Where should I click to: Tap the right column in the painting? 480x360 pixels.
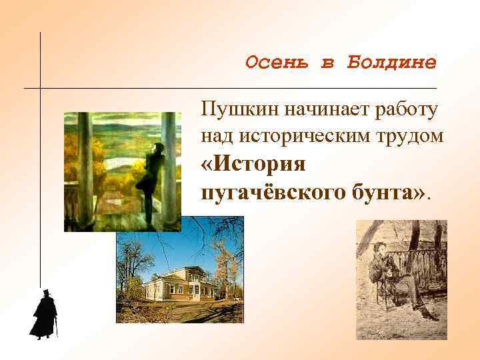170,167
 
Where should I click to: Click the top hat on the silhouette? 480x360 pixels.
46,293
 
